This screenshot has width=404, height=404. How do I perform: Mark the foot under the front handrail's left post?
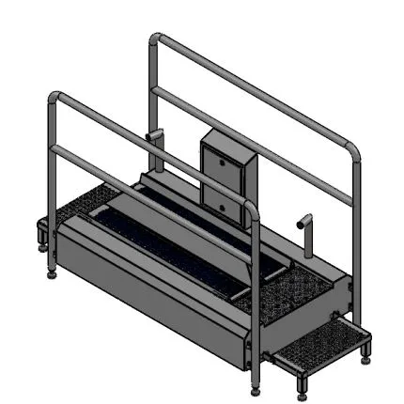pos(49,278)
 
